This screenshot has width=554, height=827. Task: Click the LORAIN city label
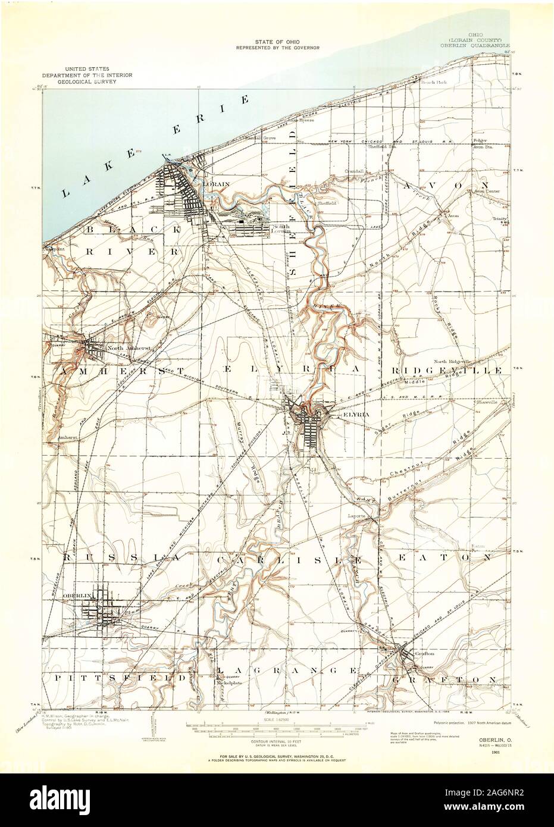pos(216,184)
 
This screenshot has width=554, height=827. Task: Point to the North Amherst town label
pos(123,348)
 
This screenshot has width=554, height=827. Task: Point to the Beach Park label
pos(433,83)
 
